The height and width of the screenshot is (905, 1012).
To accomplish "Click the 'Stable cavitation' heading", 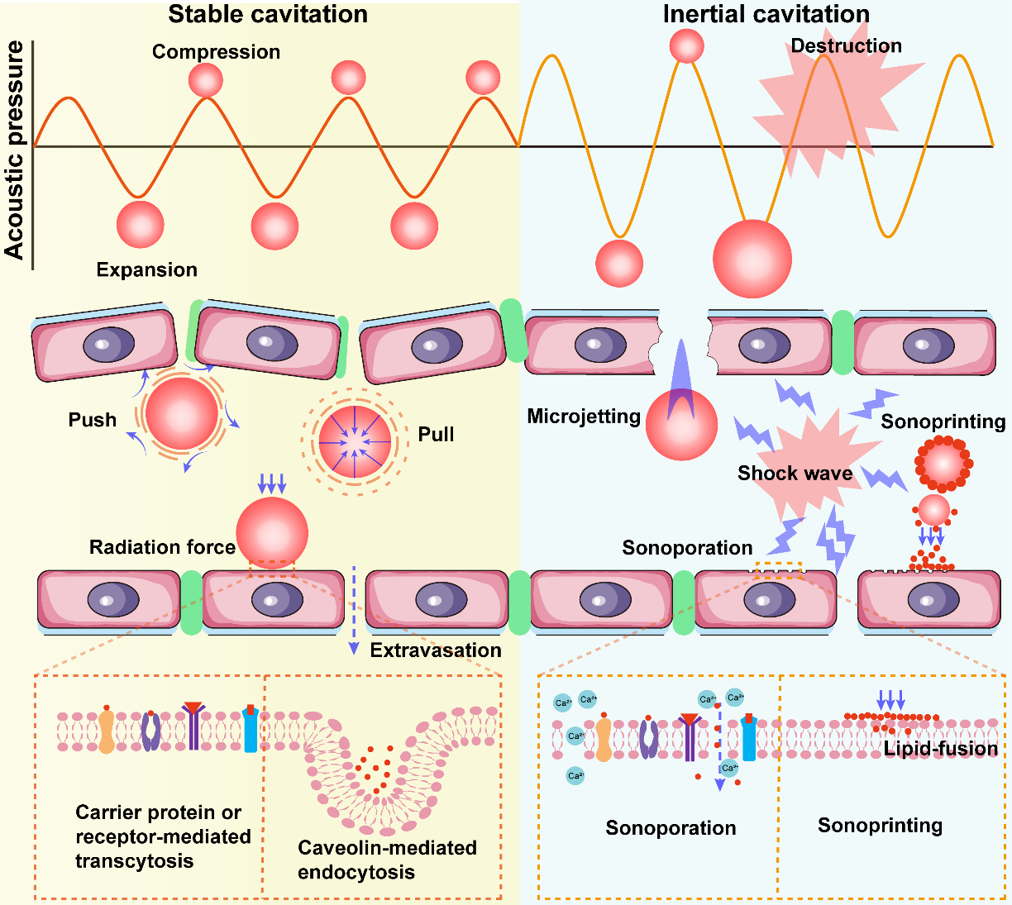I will tap(268, 14).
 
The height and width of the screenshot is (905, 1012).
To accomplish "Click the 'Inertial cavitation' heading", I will tap(766, 14).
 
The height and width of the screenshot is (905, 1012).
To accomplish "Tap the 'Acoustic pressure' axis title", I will tap(15, 150).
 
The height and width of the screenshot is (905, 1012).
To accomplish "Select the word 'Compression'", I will tap(216, 52).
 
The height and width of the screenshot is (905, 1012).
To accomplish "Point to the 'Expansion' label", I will tap(146, 269).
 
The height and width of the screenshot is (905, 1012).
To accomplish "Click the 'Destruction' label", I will tap(846, 45).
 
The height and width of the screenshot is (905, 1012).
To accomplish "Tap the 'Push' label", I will tap(93, 420).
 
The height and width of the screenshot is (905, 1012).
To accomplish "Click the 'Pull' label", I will tap(436, 435).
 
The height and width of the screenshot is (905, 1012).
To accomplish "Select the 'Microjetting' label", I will tap(584, 416).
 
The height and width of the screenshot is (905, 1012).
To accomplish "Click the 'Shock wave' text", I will tap(795, 473).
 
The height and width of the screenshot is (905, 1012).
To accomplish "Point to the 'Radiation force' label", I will tap(162, 547).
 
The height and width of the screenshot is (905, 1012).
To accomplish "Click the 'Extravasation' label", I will tap(436, 650).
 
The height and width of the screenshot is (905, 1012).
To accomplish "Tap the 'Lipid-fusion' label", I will tap(941, 749).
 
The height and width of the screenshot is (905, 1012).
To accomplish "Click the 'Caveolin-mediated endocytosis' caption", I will tap(387, 860).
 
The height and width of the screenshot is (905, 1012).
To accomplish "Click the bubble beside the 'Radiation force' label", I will tap(272, 533).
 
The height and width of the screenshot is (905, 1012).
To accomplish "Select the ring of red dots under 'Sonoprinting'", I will tap(943, 464).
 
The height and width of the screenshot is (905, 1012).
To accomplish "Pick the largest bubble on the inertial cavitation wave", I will tap(752, 259).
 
